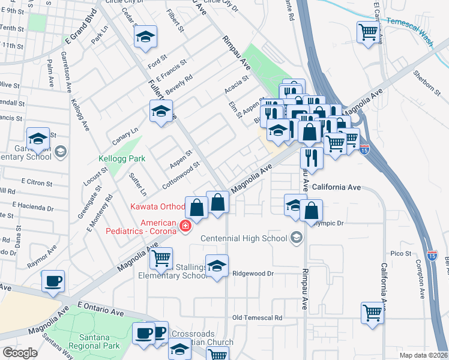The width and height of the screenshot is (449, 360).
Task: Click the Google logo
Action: (20, 353)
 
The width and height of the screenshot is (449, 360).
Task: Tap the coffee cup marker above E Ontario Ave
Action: (53, 281)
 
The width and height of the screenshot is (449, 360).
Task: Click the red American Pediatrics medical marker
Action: (186, 226)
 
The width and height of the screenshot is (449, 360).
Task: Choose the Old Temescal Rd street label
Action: (257, 317)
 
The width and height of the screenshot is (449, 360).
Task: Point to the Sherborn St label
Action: (427, 83)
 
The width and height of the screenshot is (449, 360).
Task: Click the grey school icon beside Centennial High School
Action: (294, 238)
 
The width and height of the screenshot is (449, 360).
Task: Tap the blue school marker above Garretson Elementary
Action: (38, 138)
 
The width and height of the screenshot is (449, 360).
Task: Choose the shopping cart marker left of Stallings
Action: (161, 259)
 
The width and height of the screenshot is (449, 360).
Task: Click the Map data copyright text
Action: (423, 355)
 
